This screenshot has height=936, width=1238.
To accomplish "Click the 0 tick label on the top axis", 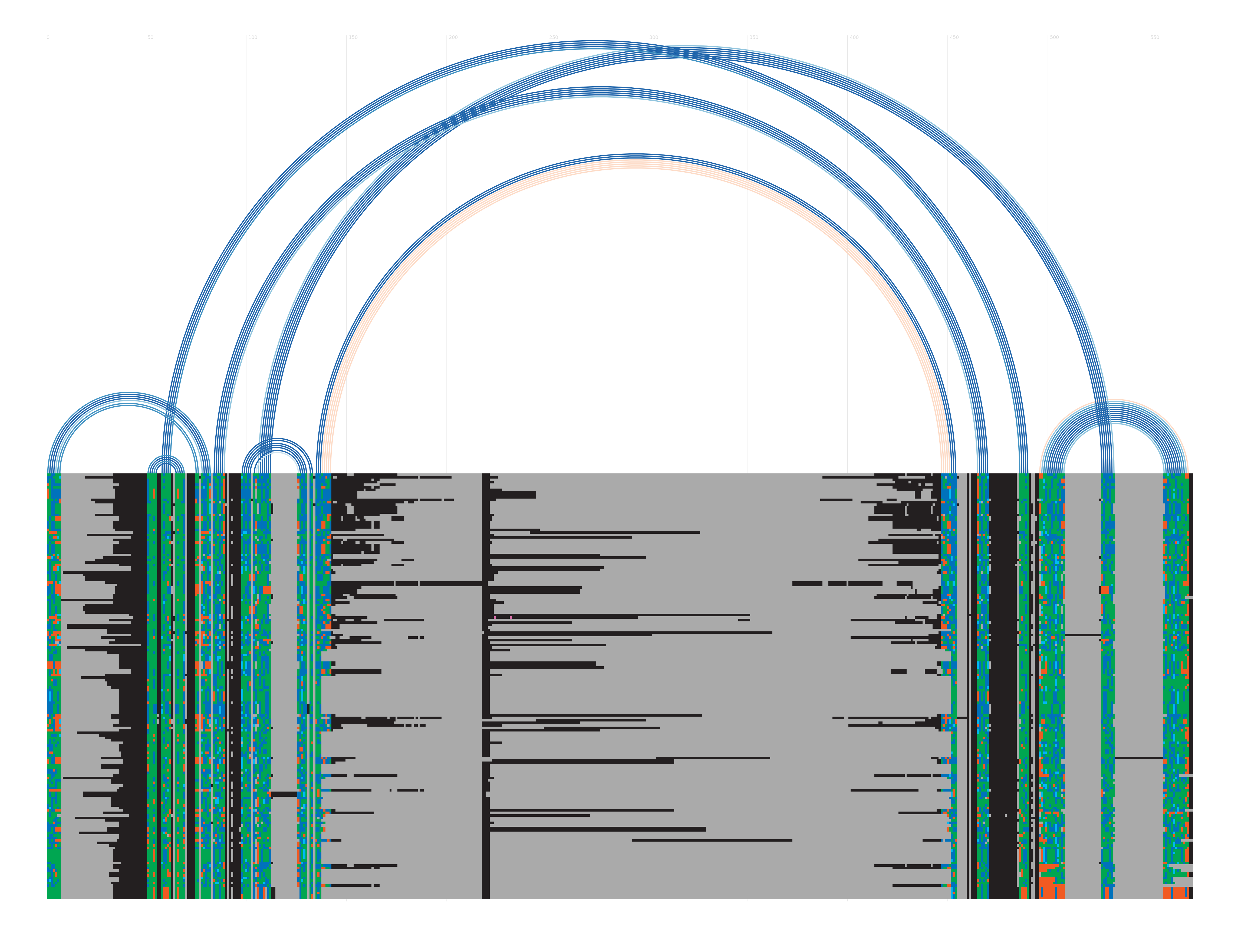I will coord(48,38).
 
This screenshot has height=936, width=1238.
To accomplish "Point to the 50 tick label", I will coord(150,38).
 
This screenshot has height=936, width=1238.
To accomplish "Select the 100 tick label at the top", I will coord(252,38).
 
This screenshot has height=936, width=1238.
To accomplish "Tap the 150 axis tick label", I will coord(353,38).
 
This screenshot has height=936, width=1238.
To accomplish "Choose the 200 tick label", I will coord(453,38).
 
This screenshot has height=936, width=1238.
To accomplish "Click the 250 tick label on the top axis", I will coord(554,38).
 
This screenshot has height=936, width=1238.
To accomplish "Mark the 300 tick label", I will coord(654,38).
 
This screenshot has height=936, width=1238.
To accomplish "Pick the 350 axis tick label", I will coord(754,38).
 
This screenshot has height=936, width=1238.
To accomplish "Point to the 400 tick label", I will coord(854,38).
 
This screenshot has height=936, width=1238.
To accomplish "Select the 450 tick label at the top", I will coord(954,38).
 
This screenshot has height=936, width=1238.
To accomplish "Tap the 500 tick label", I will coord(1054,38).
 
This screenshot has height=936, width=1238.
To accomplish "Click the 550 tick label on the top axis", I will coord(1155,38).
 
